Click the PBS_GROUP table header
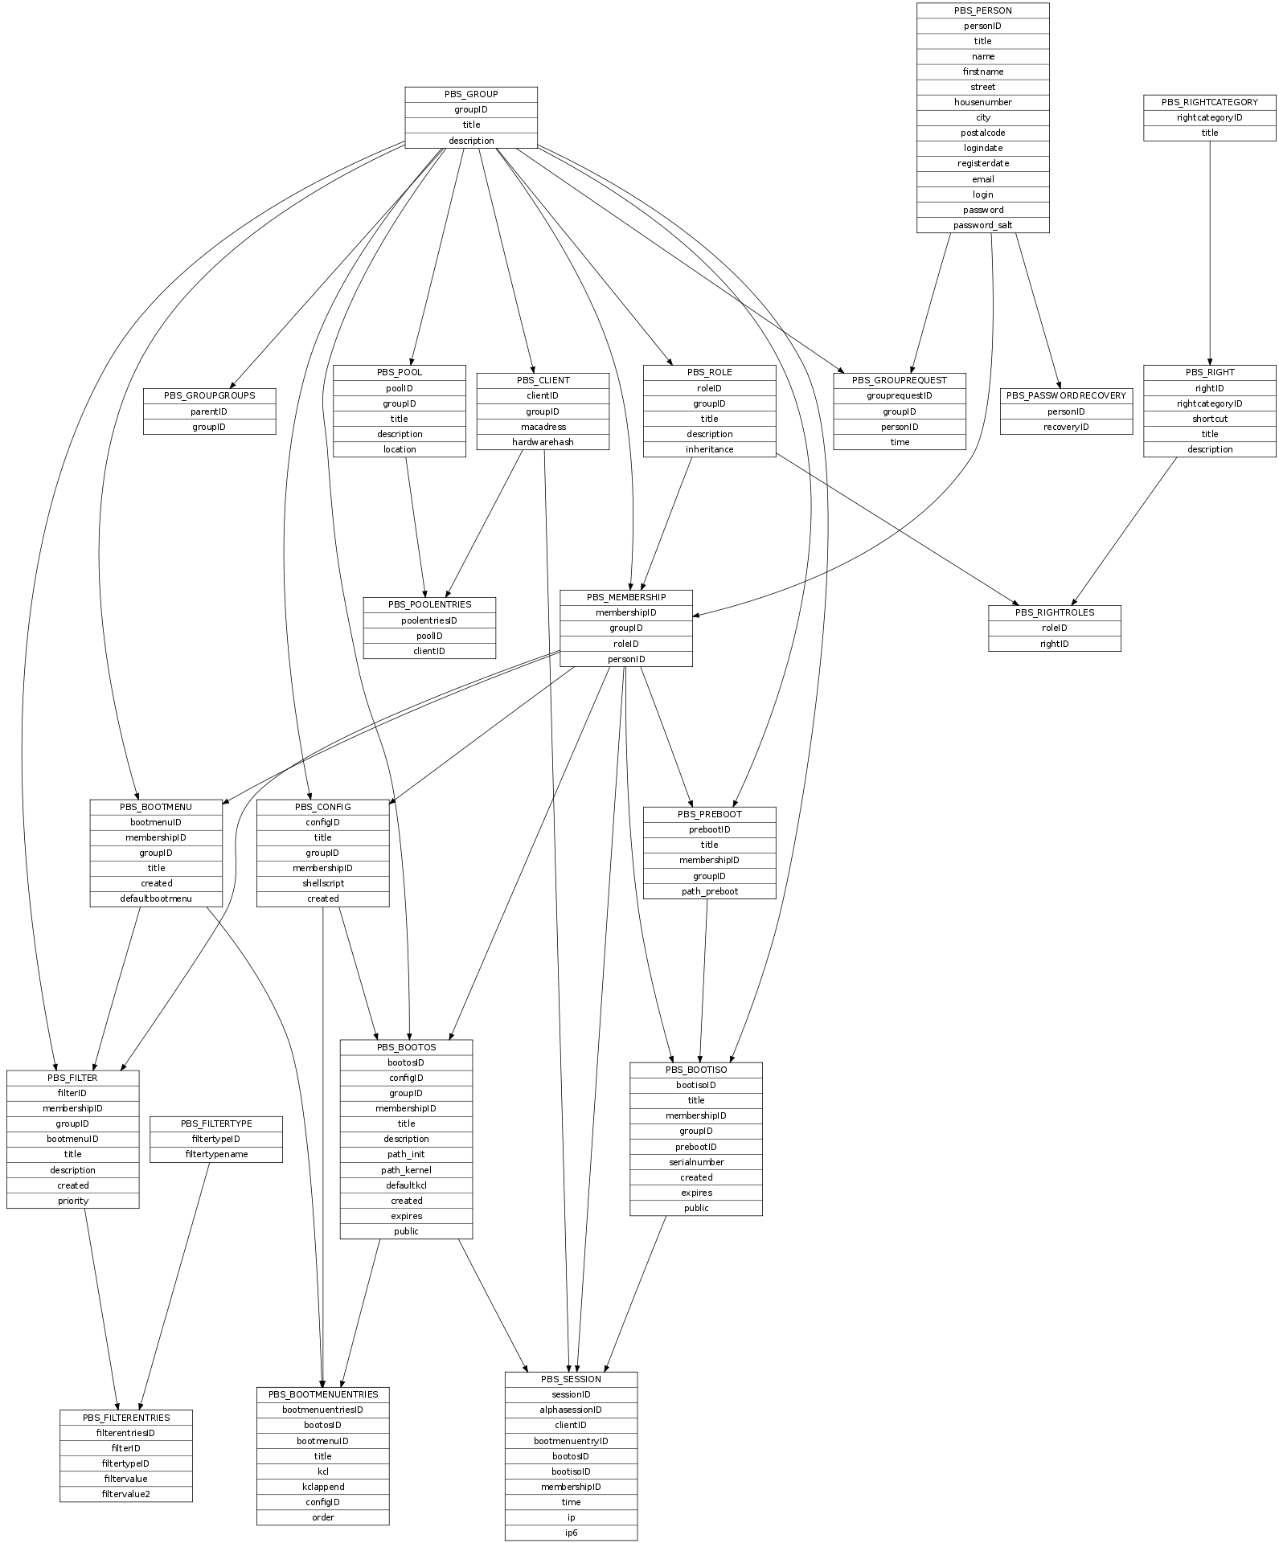point(471,94)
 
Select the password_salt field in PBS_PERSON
point(982,225)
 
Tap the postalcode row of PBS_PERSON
point(982,133)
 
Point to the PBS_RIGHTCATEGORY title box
point(1209,102)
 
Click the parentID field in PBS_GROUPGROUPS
point(209,411)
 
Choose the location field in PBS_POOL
point(400,449)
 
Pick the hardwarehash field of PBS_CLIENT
point(543,442)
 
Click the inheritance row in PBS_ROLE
point(709,449)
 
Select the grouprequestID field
point(899,395)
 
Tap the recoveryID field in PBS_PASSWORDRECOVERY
point(1066,427)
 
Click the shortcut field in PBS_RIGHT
point(1209,419)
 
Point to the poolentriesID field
point(429,620)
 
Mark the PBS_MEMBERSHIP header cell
point(625,597)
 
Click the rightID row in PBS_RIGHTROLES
point(1054,644)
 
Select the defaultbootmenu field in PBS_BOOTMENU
point(156,898)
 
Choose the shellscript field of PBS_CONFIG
point(322,883)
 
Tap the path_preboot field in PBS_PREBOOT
point(709,891)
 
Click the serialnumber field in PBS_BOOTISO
point(695,1162)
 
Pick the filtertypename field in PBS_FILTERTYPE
point(216,1154)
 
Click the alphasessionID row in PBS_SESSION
point(571,1410)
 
